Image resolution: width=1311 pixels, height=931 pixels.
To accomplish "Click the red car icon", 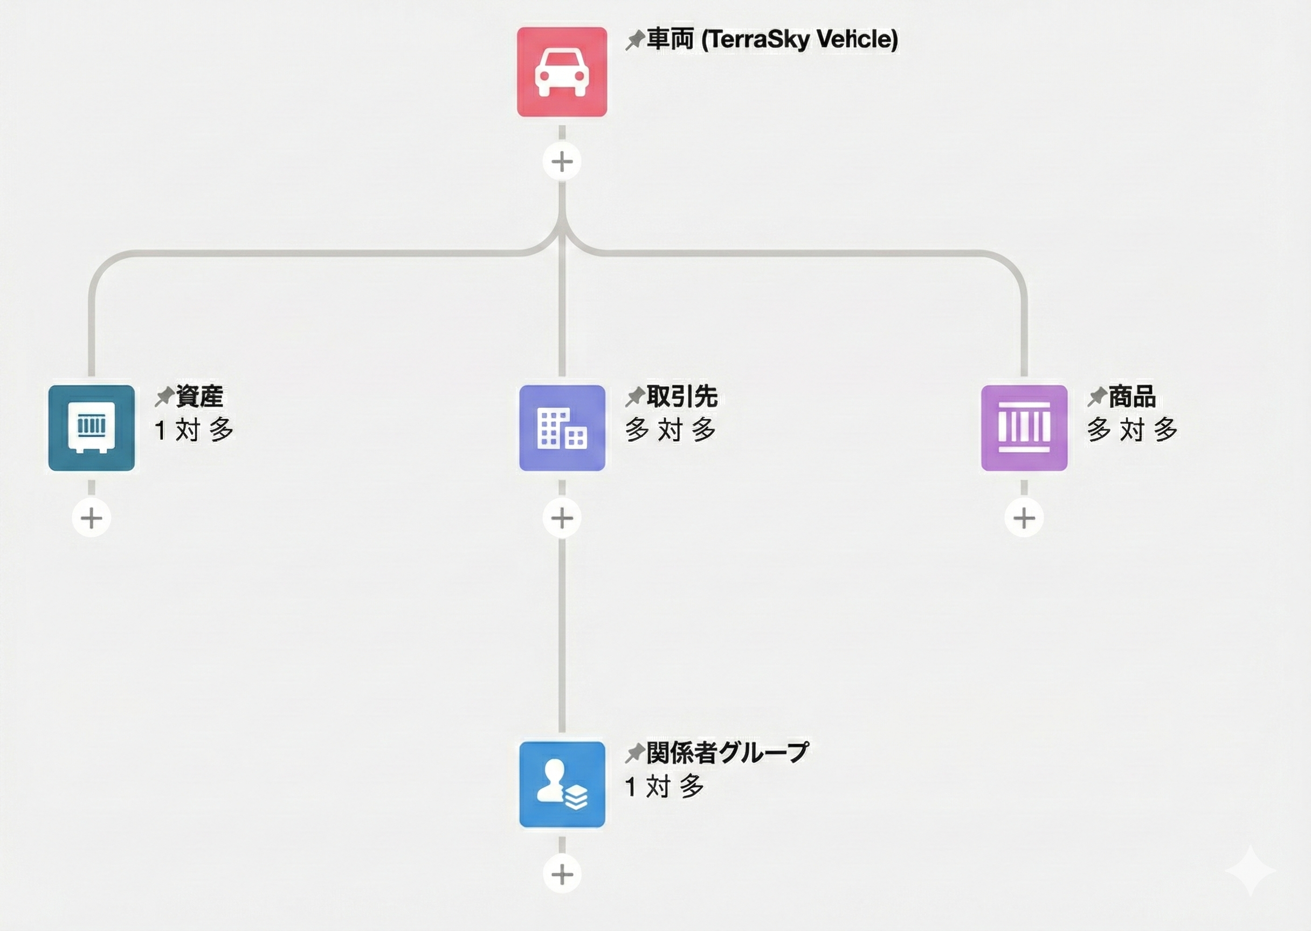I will point(562,72).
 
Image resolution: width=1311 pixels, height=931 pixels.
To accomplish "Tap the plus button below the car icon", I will point(562,162).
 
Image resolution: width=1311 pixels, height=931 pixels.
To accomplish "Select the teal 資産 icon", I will point(92,428).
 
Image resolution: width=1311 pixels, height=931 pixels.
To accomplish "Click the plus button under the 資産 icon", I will point(92,518).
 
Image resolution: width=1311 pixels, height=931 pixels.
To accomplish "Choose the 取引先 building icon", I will point(562,428).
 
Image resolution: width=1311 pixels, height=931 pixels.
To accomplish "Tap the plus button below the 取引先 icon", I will point(562,518).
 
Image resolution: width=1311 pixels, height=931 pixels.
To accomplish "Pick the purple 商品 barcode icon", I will point(1024,428).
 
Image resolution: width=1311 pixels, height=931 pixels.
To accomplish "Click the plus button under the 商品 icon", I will point(1024,518).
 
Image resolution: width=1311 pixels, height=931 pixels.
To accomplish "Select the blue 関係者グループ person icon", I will point(562,784).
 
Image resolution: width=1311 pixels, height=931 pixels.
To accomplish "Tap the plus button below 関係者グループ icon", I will point(562,875).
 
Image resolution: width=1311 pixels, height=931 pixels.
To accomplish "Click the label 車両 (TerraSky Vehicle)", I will point(772,39).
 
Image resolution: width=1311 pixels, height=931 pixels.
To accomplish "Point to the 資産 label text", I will point(199,396).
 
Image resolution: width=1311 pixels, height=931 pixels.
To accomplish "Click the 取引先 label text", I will point(682,396).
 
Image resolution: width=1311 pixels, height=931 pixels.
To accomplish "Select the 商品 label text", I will point(1131,396).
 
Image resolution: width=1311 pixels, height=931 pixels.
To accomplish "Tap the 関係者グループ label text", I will point(727,752).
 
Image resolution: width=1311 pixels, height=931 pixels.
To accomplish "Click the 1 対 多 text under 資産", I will point(194,429).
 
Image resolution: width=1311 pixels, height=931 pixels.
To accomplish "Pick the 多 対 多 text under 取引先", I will point(671,429).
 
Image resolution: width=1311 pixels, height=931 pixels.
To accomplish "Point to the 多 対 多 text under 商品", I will point(1132,429).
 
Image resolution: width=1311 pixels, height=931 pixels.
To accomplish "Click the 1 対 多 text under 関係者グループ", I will point(664,787).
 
